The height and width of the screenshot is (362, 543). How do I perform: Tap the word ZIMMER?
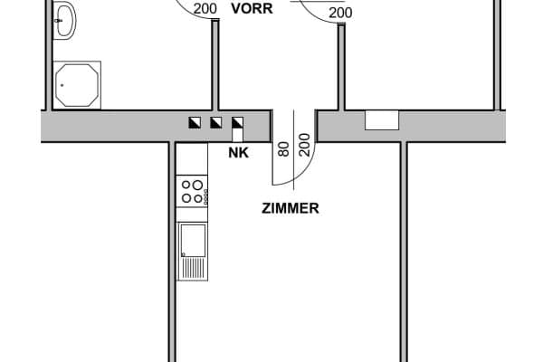(x=289, y=207)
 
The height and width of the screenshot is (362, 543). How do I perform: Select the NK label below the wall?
(x=237, y=154)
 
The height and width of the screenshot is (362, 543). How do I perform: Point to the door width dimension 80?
(x=283, y=148)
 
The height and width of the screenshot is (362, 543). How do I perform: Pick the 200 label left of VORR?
(x=205, y=10)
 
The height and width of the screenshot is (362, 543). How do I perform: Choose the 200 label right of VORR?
(x=340, y=13)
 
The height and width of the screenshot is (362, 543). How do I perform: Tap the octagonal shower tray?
(x=77, y=85)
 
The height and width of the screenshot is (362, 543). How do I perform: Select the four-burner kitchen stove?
(x=191, y=191)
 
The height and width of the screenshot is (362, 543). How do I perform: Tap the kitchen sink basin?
(x=194, y=239)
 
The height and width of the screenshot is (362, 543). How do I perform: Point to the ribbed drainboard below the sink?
(x=193, y=267)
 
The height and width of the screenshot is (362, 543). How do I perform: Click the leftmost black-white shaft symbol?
(x=195, y=122)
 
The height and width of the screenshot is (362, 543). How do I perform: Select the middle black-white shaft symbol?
(x=215, y=122)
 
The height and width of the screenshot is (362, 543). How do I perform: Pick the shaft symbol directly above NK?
(x=237, y=122)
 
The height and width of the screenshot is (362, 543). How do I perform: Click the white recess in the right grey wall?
(x=382, y=119)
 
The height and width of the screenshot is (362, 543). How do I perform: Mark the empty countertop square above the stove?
(x=192, y=160)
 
